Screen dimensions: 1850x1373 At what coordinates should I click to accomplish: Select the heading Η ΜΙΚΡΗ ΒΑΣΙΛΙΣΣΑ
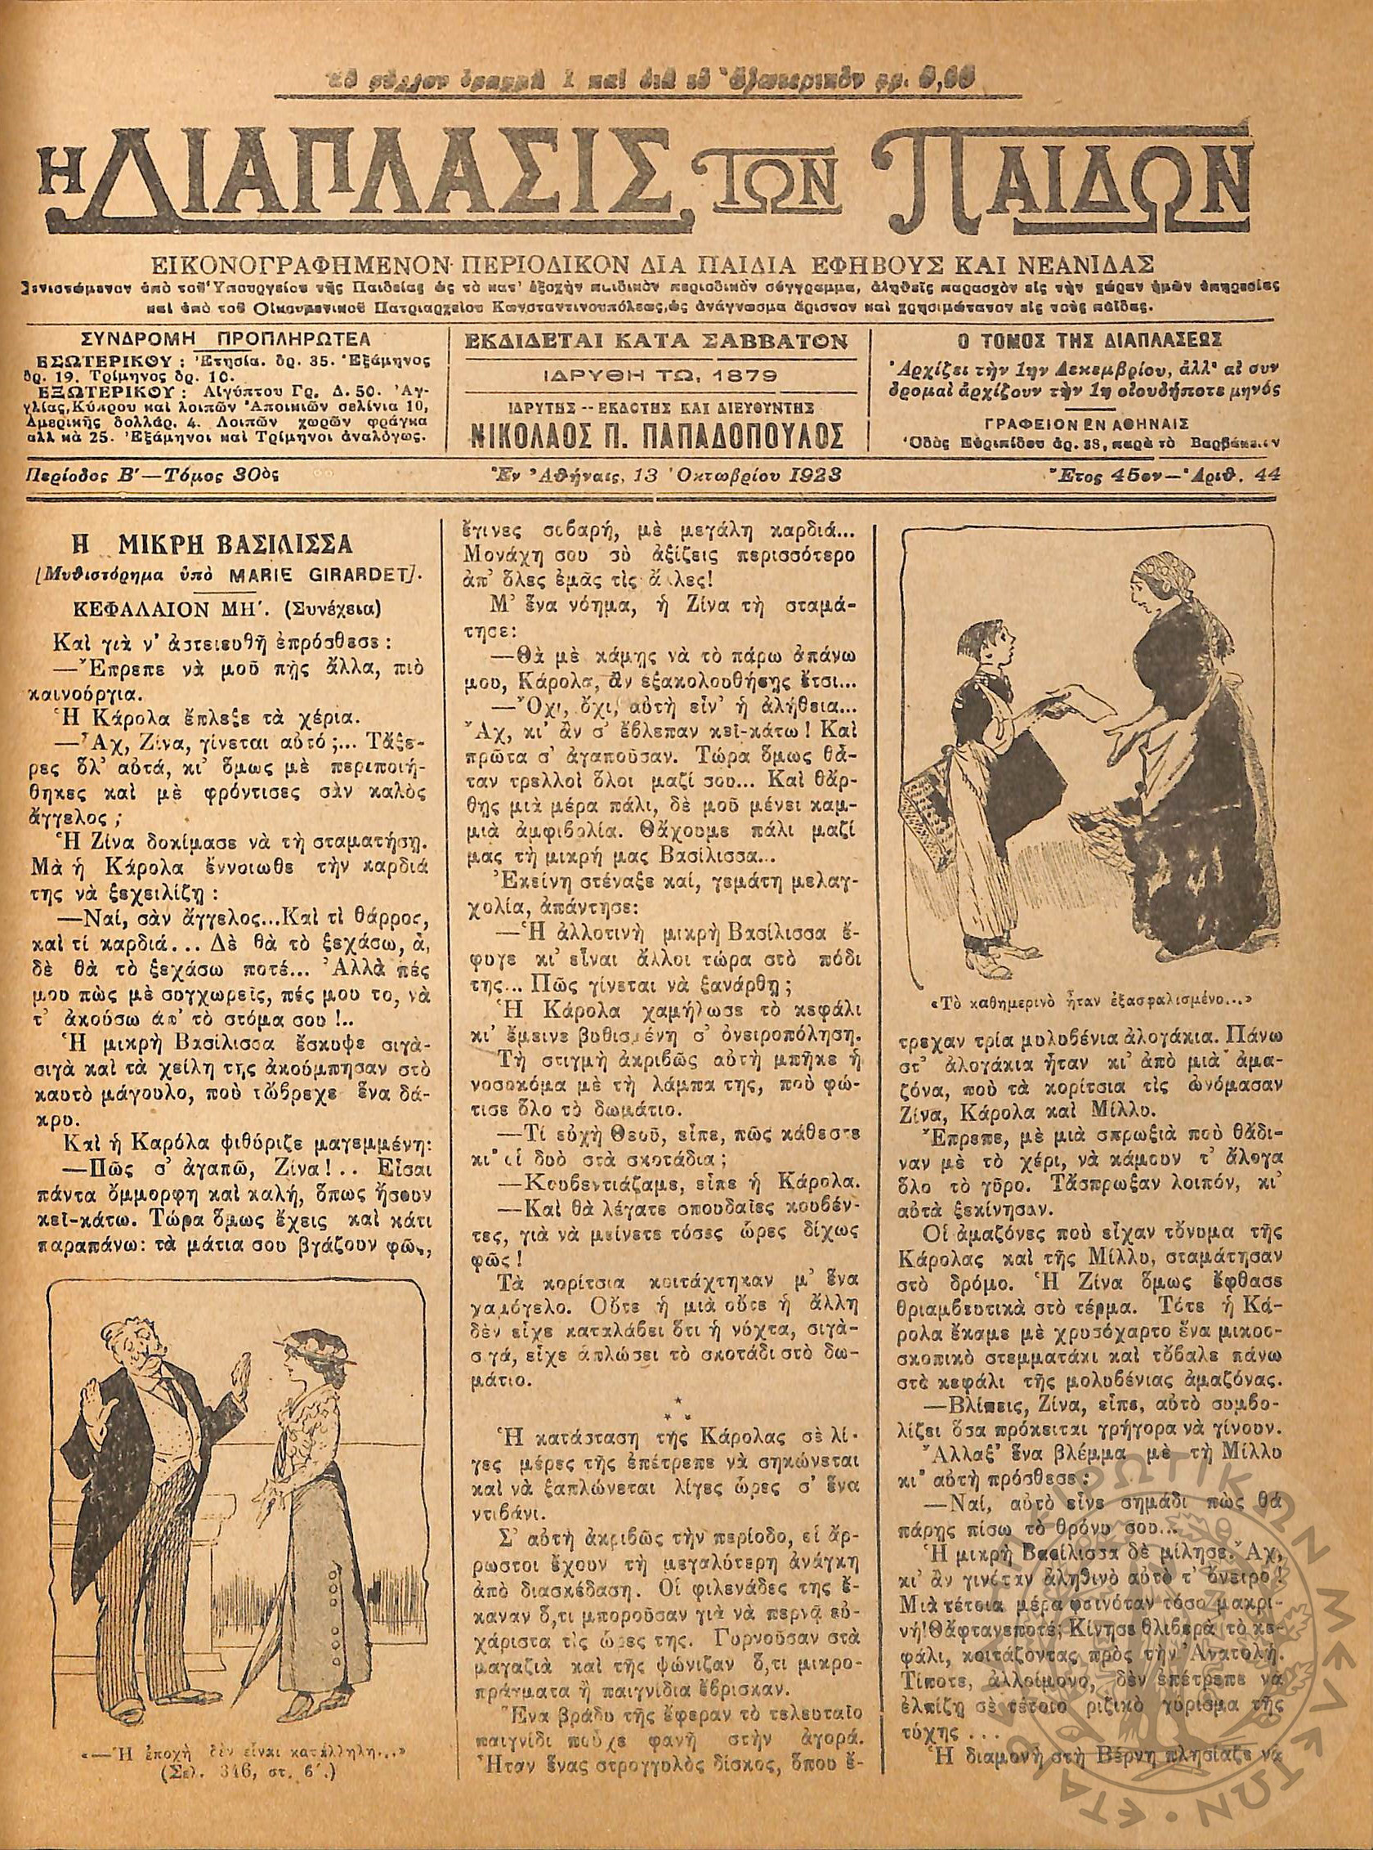[x=223, y=545]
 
